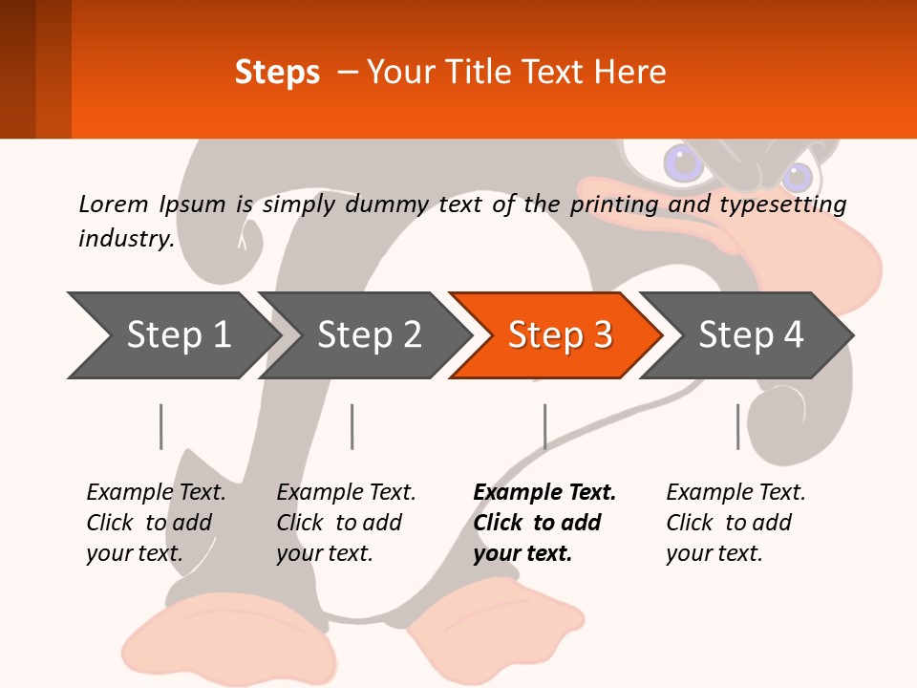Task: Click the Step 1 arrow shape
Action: (x=172, y=335)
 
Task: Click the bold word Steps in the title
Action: (x=277, y=73)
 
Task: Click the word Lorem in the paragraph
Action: (x=114, y=204)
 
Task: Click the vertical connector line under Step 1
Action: (x=161, y=426)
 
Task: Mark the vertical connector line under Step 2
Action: (x=352, y=426)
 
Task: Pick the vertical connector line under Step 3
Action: (x=545, y=426)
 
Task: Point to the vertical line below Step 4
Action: (x=737, y=426)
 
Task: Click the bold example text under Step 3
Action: (x=544, y=523)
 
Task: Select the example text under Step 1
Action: (x=156, y=523)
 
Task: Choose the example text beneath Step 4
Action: (x=736, y=523)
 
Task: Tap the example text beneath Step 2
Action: (x=346, y=523)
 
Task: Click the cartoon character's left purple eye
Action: (x=683, y=163)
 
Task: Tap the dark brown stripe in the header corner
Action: (x=17, y=69)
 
